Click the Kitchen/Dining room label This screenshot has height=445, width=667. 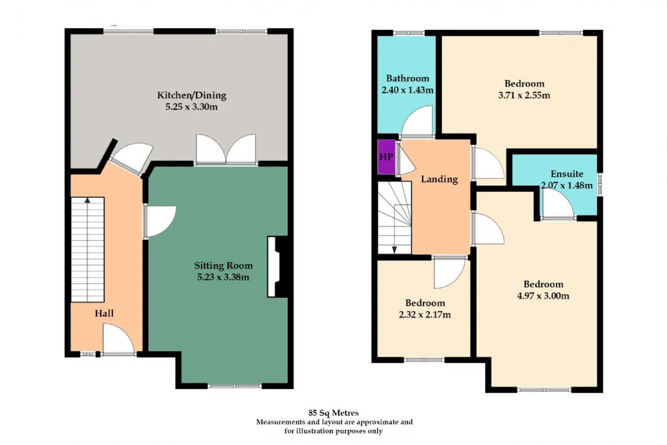[x=191, y=95]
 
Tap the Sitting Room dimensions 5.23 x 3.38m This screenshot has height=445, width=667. [x=223, y=277]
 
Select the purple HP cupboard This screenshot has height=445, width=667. [x=386, y=157]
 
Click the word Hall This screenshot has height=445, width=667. [x=104, y=313]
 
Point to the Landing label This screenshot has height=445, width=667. [x=439, y=179]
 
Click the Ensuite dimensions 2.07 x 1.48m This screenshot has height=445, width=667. [x=566, y=185]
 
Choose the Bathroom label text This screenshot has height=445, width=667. [x=407, y=78]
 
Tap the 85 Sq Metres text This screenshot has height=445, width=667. [x=333, y=413]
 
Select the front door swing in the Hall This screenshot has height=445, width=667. [x=118, y=339]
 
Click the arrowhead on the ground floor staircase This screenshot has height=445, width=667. [x=87, y=200]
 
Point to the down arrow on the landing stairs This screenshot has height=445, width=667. [x=394, y=250]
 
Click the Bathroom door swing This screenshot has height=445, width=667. [x=417, y=121]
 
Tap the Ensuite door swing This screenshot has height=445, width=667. [x=558, y=203]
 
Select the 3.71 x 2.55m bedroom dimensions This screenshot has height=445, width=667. [x=524, y=95]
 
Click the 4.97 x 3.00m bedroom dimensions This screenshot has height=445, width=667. [x=543, y=296]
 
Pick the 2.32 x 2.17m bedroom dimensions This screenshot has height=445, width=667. [x=425, y=315]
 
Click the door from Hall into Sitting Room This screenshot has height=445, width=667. [x=160, y=221]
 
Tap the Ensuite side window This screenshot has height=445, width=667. [x=600, y=185]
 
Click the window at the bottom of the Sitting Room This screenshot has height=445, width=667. [x=234, y=386]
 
